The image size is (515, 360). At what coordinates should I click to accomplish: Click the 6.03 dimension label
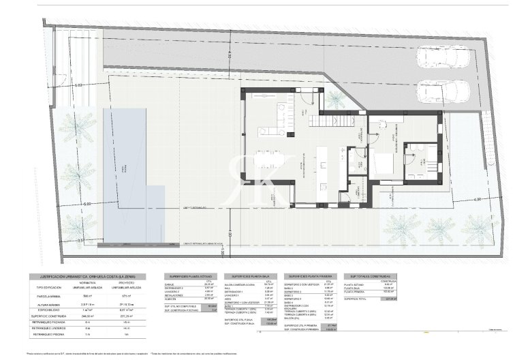click(x=78, y=85)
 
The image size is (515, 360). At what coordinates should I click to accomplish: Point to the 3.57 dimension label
click(x=81, y=241)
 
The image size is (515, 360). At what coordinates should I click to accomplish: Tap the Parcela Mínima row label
click(x=45, y=295)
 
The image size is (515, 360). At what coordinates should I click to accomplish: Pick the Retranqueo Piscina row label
click(x=45, y=334)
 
